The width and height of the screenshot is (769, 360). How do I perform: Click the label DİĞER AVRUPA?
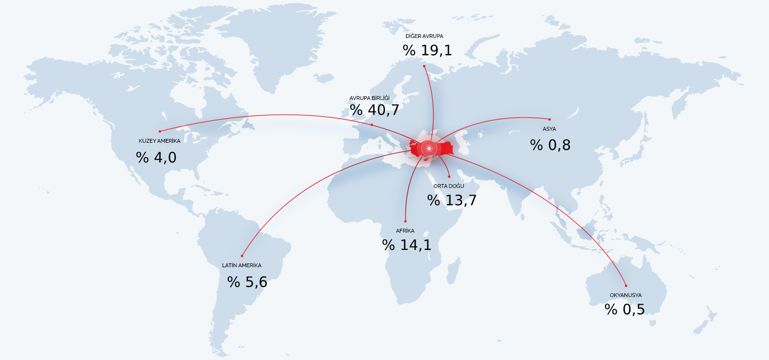424,36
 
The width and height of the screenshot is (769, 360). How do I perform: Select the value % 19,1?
427,50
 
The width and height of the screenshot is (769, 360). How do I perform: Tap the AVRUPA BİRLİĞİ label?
370,98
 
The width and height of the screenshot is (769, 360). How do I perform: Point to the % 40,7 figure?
374,110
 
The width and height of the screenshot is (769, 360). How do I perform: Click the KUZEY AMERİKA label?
160,141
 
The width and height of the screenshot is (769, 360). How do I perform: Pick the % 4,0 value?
156,158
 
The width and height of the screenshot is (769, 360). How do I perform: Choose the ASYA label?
549,129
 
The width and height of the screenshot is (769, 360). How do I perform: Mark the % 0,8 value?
550,145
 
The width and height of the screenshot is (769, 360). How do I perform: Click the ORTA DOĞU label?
449,186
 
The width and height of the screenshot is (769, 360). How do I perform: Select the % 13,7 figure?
452,200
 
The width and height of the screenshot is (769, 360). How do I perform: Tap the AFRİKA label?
405,231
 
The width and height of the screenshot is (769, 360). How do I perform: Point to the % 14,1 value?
407,245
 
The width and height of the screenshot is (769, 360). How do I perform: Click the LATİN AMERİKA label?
242,265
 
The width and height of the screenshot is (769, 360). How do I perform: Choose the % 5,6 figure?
247,282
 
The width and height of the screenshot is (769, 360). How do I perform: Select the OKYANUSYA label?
626,295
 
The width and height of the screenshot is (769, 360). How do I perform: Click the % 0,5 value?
625,310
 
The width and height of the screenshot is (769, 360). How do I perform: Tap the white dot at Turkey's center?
429,149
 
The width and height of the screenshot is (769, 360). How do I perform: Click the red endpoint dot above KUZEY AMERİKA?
160,131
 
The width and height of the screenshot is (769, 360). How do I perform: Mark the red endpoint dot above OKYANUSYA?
626,286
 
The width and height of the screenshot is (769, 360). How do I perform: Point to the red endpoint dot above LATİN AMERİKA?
242,256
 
